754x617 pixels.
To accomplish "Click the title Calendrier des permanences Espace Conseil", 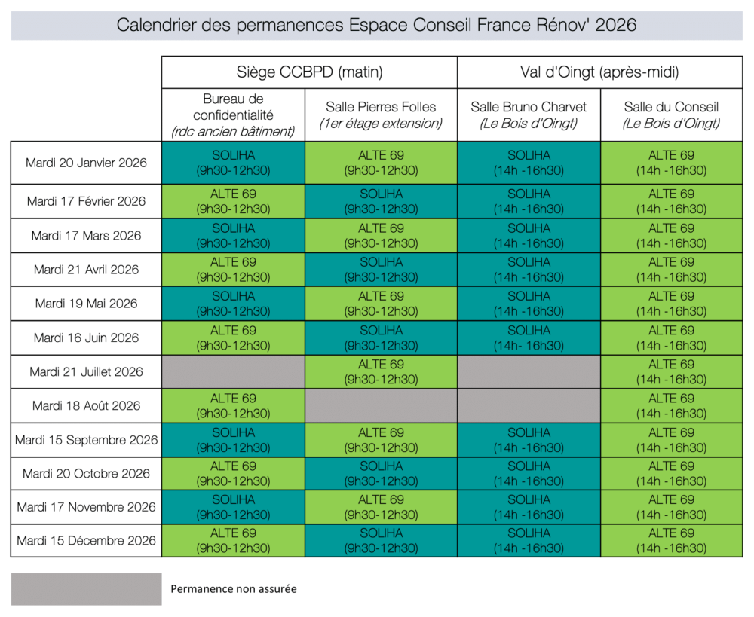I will click(x=376, y=25).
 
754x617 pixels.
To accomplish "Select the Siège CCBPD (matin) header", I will click(x=309, y=72).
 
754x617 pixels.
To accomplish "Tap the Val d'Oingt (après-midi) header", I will click(x=600, y=72).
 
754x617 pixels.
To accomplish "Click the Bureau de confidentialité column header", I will click(x=233, y=115).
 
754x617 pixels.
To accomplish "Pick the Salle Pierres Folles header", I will click(x=381, y=115).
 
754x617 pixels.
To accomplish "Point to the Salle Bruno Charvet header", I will click(x=529, y=115).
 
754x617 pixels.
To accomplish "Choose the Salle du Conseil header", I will click(x=671, y=115).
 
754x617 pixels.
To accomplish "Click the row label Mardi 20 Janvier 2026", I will click(x=86, y=163).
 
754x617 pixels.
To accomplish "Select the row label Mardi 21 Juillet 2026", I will click(x=86, y=371).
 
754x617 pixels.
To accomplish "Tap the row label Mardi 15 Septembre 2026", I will click(x=86, y=440).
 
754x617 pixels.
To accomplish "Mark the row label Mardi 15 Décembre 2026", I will click(x=86, y=540).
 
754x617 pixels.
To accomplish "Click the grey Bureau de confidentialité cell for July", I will click(x=233, y=371).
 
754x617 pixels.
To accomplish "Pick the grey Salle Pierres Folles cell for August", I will click(x=381, y=405).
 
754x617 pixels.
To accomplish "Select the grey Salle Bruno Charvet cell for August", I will click(x=529, y=405).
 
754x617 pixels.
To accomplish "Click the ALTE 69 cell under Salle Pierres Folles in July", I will click(x=381, y=371).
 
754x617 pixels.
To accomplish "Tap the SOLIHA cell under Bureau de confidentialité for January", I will click(x=233, y=163).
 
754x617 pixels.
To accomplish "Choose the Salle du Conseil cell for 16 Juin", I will click(x=671, y=338).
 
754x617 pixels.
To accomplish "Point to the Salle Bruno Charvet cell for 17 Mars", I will click(x=529, y=235).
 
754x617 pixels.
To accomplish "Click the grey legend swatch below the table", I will click(x=86, y=589).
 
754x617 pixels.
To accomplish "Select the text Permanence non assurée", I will click(x=234, y=589).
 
